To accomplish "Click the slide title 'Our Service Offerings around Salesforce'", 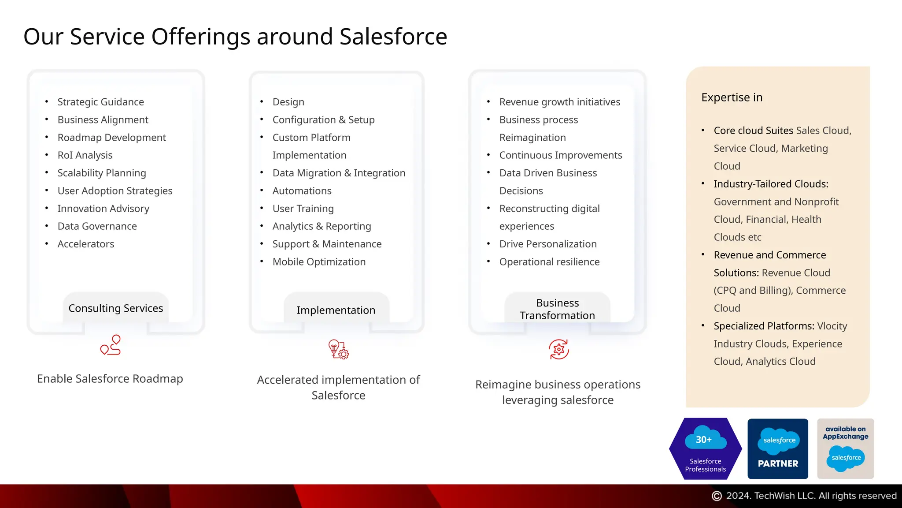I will (x=235, y=37).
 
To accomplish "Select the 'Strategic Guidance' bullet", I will (x=100, y=102).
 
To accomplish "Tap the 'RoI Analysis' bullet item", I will (x=85, y=155).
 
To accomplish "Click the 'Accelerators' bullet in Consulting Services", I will (x=86, y=244).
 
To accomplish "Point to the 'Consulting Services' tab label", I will (x=116, y=308).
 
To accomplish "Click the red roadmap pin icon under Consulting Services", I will (x=111, y=345).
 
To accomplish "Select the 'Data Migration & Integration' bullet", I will (x=339, y=173).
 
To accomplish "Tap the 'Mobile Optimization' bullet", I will (x=319, y=262).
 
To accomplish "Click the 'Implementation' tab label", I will (x=336, y=310).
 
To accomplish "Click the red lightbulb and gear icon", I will (x=338, y=349).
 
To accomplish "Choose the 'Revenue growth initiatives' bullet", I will (x=559, y=102).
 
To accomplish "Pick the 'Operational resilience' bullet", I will (x=549, y=262).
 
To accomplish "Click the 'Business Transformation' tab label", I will (x=557, y=309).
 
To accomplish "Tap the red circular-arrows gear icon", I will (x=559, y=349).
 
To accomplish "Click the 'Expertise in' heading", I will (x=732, y=97).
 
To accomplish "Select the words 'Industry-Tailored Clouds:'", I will (x=771, y=184).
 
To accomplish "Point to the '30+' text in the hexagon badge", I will (x=704, y=440).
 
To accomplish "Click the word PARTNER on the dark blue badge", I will (x=778, y=463).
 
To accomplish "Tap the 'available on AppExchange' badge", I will (x=845, y=448).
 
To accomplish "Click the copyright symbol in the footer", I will (x=717, y=496).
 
